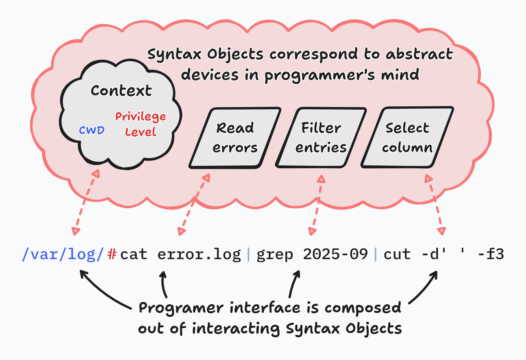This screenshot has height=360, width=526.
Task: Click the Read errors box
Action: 235,138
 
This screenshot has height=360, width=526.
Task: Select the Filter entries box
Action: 321,138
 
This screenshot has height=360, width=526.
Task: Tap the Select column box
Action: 407,138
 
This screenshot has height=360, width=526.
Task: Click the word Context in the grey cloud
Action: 121,90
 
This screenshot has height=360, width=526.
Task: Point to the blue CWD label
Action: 92,130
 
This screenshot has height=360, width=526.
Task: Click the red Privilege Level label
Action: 141,124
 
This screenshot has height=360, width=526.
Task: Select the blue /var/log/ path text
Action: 63,254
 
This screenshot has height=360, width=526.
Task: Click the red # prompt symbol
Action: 112,254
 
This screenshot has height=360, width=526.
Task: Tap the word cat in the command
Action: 134,254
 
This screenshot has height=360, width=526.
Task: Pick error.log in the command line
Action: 199,254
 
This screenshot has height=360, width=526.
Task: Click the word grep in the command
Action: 275,254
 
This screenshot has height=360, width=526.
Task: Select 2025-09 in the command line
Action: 335,254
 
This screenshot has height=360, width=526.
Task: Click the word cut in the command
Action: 397,254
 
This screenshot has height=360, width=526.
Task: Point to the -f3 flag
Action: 491,254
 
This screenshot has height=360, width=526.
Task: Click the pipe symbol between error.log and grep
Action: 249,254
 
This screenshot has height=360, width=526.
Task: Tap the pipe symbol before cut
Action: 376,254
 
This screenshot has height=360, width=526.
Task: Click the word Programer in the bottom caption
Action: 181,308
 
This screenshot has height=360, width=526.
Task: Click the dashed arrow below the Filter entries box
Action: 317,204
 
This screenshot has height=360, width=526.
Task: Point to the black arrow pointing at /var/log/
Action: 104,291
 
